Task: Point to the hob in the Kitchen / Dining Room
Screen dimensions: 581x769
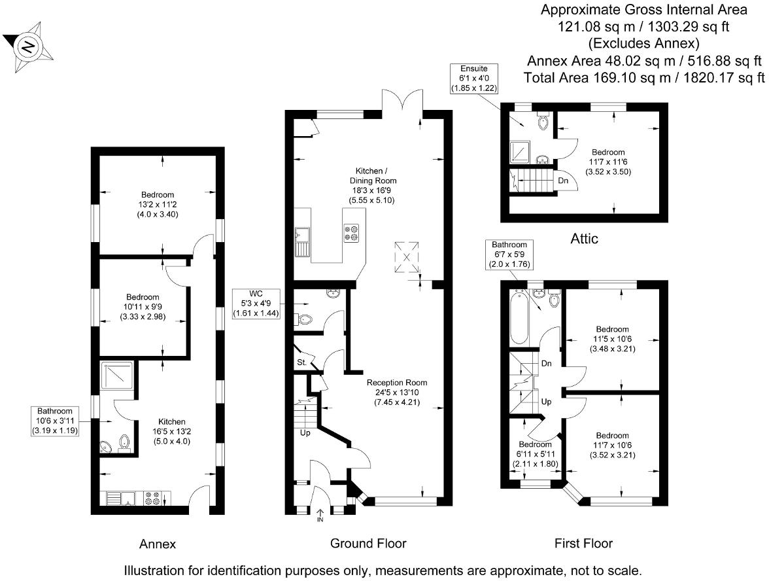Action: [351, 234]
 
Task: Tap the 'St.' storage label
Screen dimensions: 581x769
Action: [301, 362]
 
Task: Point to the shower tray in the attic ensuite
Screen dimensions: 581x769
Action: [521, 151]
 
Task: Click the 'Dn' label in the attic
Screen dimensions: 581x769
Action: [562, 181]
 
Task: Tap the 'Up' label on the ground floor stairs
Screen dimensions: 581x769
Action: [304, 432]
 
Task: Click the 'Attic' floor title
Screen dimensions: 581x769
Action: [584, 239]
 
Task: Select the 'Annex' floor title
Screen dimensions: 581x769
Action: [158, 544]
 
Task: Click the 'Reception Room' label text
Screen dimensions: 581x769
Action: [397, 383]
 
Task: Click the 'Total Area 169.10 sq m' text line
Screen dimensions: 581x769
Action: [644, 78]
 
